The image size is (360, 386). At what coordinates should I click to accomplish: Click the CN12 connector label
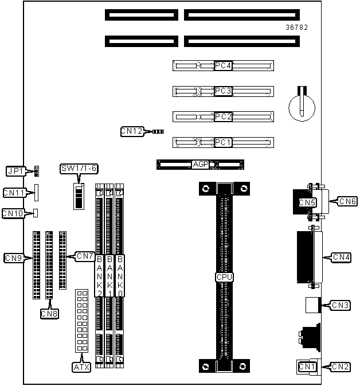pyautogui.click(x=131, y=131)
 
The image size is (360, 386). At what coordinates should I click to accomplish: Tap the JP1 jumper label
pyautogui.click(x=14, y=171)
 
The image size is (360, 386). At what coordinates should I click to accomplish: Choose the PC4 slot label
pyautogui.click(x=223, y=66)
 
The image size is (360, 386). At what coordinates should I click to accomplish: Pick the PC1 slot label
pyautogui.click(x=223, y=142)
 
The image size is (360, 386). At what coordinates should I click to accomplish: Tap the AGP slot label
pyautogui.click(x=201, y=165)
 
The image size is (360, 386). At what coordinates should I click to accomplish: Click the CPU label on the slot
pyautogui.click(x=224, y=277)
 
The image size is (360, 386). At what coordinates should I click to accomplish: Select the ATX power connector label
pyautogui.click(x=81, y=366)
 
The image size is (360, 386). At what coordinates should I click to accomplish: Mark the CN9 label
pyautogui.click(x=13, y=258)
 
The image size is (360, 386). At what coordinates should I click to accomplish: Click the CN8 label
pyautogui.click(x=49, y=313)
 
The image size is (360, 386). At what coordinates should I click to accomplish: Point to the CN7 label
pyautogui.click(x=85, y=256)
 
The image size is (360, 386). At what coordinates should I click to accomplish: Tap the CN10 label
pyautogui.click(x=13, y=213)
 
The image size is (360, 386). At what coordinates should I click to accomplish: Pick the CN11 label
pyautogui.click(x=14, y=193)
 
